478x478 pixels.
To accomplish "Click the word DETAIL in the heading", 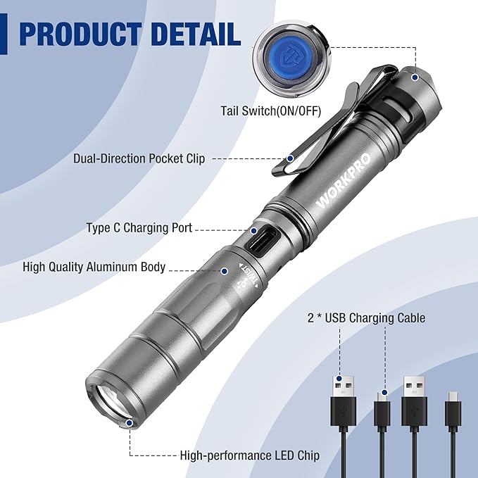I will [x=200, y=33].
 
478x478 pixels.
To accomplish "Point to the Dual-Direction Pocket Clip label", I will [x=139, y=158].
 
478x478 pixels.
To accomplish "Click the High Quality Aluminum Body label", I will [x=94, y=267].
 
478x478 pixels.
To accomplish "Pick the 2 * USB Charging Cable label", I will [x=366, y=318].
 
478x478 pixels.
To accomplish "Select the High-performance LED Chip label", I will [x=250, y=455].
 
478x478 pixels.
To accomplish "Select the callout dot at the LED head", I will [x=130, y=423].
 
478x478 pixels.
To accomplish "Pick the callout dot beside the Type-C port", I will [x=253, y=229].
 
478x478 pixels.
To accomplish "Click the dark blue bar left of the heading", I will [x=4, y=33].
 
